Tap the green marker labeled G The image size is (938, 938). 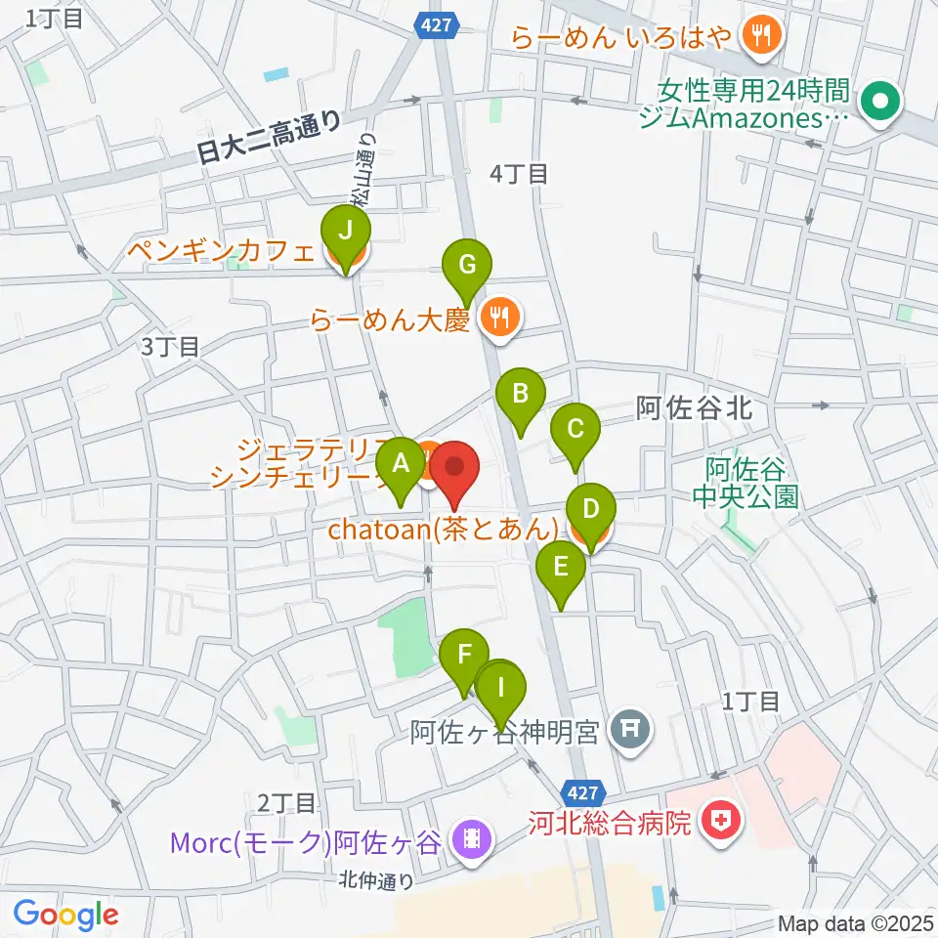click(467, 264)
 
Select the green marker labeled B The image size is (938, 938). click(521, 395)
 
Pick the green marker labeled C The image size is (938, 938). click(576, 429)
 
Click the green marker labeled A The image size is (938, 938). click(400, 464)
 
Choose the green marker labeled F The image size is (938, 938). click(465, 655)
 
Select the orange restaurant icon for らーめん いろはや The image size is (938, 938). click(758, 37)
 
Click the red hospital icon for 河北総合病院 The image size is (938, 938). click(720, 823)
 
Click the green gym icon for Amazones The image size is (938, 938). click(879, 101)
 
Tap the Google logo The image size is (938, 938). click(64, 914)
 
